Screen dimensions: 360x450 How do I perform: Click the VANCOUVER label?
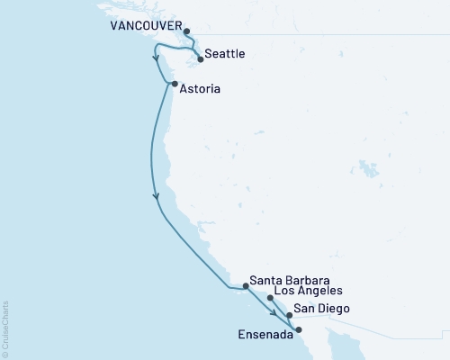(145, 27)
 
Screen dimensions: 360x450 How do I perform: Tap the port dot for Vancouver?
(187, 32)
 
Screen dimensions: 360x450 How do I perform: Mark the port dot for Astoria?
(174, 85)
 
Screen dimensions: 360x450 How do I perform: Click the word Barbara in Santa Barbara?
(307, 279)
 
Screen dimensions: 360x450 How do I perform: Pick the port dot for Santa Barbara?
(245, 286)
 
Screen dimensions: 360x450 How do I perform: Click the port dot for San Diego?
(289, 316)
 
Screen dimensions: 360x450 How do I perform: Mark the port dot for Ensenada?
(299, 329)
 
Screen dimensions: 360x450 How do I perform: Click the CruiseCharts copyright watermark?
(5, 328)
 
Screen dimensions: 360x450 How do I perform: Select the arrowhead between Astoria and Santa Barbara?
(157, 194)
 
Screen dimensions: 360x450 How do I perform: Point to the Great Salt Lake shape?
(367, 168)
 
